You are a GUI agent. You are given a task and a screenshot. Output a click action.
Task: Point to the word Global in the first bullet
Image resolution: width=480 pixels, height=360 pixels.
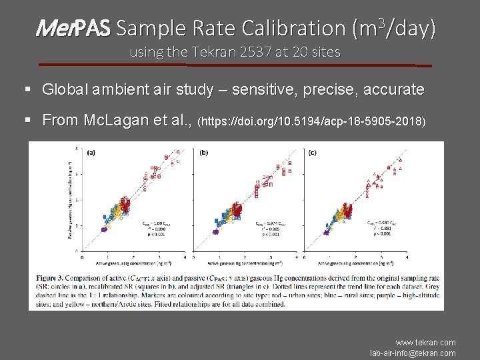(63, 89)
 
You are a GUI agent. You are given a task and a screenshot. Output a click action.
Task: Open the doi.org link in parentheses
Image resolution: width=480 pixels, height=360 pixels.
(313, 122)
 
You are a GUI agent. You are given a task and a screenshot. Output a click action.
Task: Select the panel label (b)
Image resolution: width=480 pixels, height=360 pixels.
(204, 153)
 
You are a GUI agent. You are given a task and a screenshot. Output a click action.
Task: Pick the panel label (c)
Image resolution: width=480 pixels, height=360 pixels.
(313, 153)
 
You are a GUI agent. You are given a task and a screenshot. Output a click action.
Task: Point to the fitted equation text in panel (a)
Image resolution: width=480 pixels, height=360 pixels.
(155, 227)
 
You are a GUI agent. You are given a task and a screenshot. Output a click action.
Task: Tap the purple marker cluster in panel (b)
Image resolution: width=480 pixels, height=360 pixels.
(216, 232)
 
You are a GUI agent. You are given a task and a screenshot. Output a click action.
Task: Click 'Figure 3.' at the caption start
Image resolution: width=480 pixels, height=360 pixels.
(54, 276)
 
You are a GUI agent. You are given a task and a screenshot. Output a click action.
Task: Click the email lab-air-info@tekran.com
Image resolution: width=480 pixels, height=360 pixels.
(413, 353)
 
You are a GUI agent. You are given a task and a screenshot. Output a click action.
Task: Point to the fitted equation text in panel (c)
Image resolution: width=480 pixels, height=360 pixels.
(379, 227)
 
